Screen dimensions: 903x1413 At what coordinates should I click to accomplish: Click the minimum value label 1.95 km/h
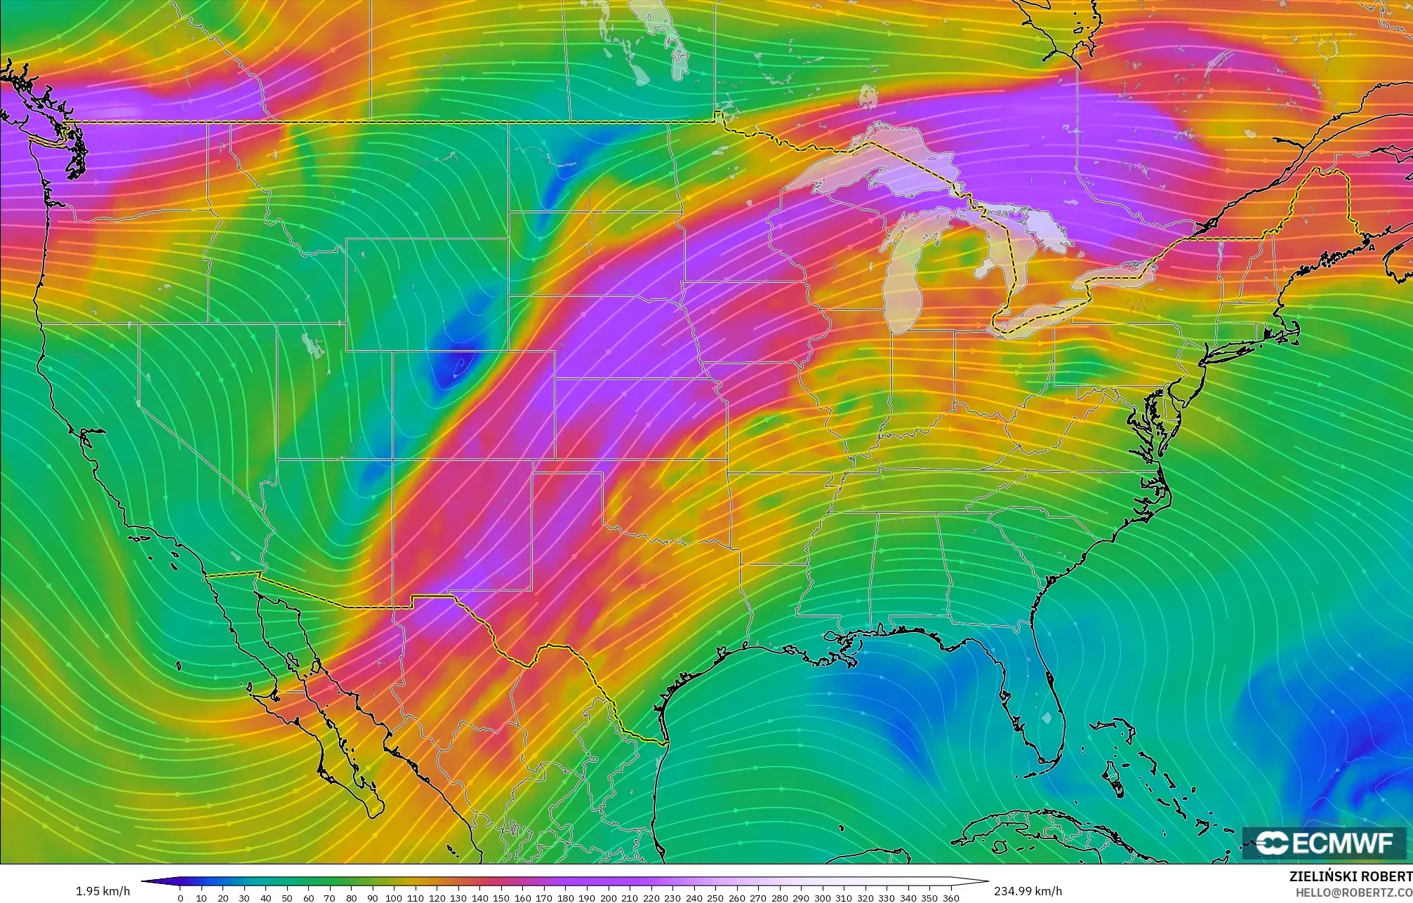(x=102, y=891)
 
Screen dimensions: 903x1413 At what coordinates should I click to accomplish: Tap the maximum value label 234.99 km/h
(x=1028, y=891)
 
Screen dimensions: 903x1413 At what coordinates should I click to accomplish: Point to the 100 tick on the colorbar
(x=394, y=897)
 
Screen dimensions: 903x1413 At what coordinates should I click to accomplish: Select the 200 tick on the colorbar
(x=608, y=897)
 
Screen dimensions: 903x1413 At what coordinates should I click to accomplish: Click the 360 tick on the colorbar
(x=950, y=897)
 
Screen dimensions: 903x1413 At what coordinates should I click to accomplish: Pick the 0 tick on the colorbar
(x=180, y=897)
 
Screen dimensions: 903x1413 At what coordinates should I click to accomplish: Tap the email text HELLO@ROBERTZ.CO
(x=1353, y=892)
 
